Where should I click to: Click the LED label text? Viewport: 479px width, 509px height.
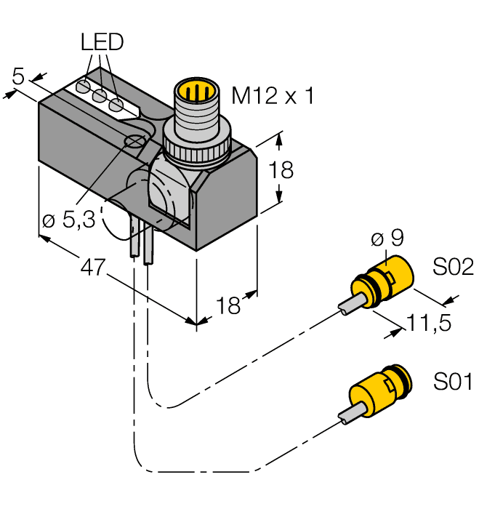tap(102, 43)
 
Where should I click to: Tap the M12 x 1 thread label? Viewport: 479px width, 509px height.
tap(273, 95)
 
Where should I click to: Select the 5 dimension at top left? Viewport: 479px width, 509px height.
tap(19, 76)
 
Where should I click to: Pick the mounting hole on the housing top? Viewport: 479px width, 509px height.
tap(134, 141)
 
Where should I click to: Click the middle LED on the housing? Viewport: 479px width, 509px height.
tap(100, 96)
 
